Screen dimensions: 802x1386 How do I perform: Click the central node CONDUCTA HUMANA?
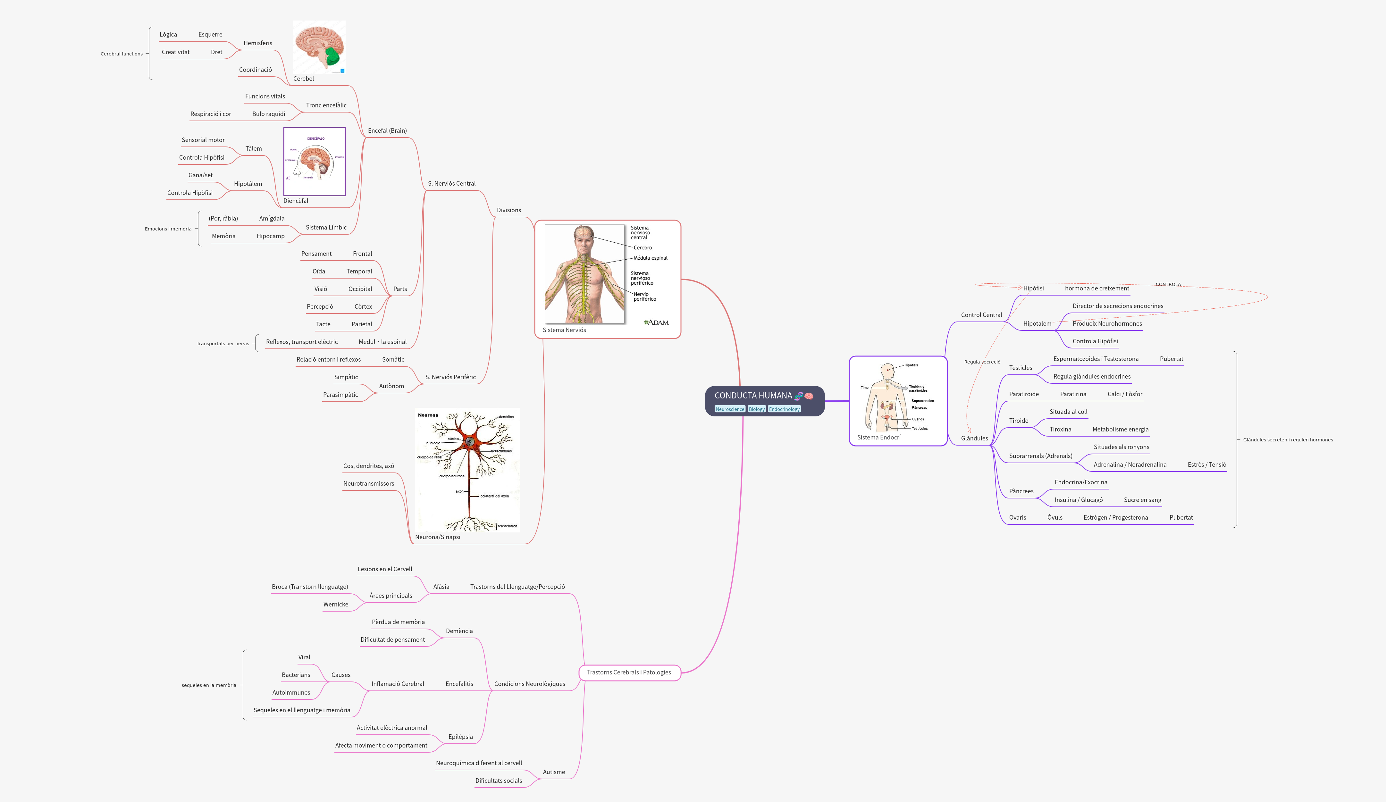753,396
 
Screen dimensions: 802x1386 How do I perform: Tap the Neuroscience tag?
729,409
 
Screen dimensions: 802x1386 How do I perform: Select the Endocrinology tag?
784,409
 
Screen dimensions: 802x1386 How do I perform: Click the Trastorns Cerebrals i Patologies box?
629,672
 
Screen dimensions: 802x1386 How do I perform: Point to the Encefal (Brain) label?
387,131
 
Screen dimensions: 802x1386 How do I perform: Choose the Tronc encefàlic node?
326,105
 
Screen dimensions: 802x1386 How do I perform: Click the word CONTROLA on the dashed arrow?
1168,284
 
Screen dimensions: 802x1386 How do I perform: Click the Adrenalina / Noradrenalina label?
1130,465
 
